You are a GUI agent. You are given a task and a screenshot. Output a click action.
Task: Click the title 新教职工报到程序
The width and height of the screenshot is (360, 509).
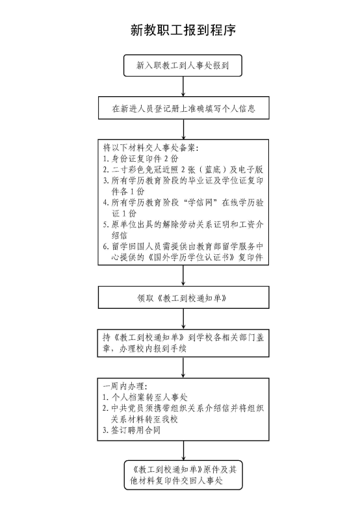[183, 30]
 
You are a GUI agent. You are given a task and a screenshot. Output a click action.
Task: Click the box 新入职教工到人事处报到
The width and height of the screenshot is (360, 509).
[183, 66]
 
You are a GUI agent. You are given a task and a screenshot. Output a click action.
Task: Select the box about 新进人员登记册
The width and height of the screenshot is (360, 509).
[184, 108]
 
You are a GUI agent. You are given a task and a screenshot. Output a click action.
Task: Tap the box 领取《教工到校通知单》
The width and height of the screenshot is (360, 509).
[184, 297]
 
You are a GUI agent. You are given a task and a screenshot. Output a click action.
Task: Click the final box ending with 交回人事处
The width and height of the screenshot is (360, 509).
[183, 475]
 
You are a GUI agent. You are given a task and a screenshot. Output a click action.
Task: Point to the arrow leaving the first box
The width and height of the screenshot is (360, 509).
[183, 86]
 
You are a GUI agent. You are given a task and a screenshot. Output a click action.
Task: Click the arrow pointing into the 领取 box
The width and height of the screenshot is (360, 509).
[183, 276]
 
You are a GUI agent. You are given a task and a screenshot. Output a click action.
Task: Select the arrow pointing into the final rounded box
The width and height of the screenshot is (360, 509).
[183, 450]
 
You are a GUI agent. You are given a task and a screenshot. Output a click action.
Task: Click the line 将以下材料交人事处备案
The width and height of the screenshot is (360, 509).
[151, 148]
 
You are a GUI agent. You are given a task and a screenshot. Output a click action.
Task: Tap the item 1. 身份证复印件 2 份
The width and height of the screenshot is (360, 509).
[140, 159]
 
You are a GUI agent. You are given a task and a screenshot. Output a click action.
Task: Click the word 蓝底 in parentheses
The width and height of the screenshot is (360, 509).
[212, 170]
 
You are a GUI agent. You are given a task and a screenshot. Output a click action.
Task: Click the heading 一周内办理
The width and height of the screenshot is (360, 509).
[125, 386]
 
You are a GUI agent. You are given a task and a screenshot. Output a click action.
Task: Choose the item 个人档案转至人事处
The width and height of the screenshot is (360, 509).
[149, 397]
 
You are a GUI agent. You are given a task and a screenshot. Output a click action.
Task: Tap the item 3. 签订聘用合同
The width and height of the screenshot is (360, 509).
[131, 430]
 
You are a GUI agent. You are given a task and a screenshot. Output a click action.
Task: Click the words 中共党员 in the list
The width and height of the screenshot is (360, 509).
[128, 408]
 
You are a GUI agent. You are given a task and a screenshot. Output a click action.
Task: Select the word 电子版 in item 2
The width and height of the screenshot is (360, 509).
[251, 170]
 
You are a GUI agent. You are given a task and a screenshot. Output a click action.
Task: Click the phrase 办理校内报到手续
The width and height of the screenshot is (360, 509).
[153, 349]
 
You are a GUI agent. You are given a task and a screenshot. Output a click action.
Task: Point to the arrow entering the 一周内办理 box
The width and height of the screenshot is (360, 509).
[183, 367]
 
